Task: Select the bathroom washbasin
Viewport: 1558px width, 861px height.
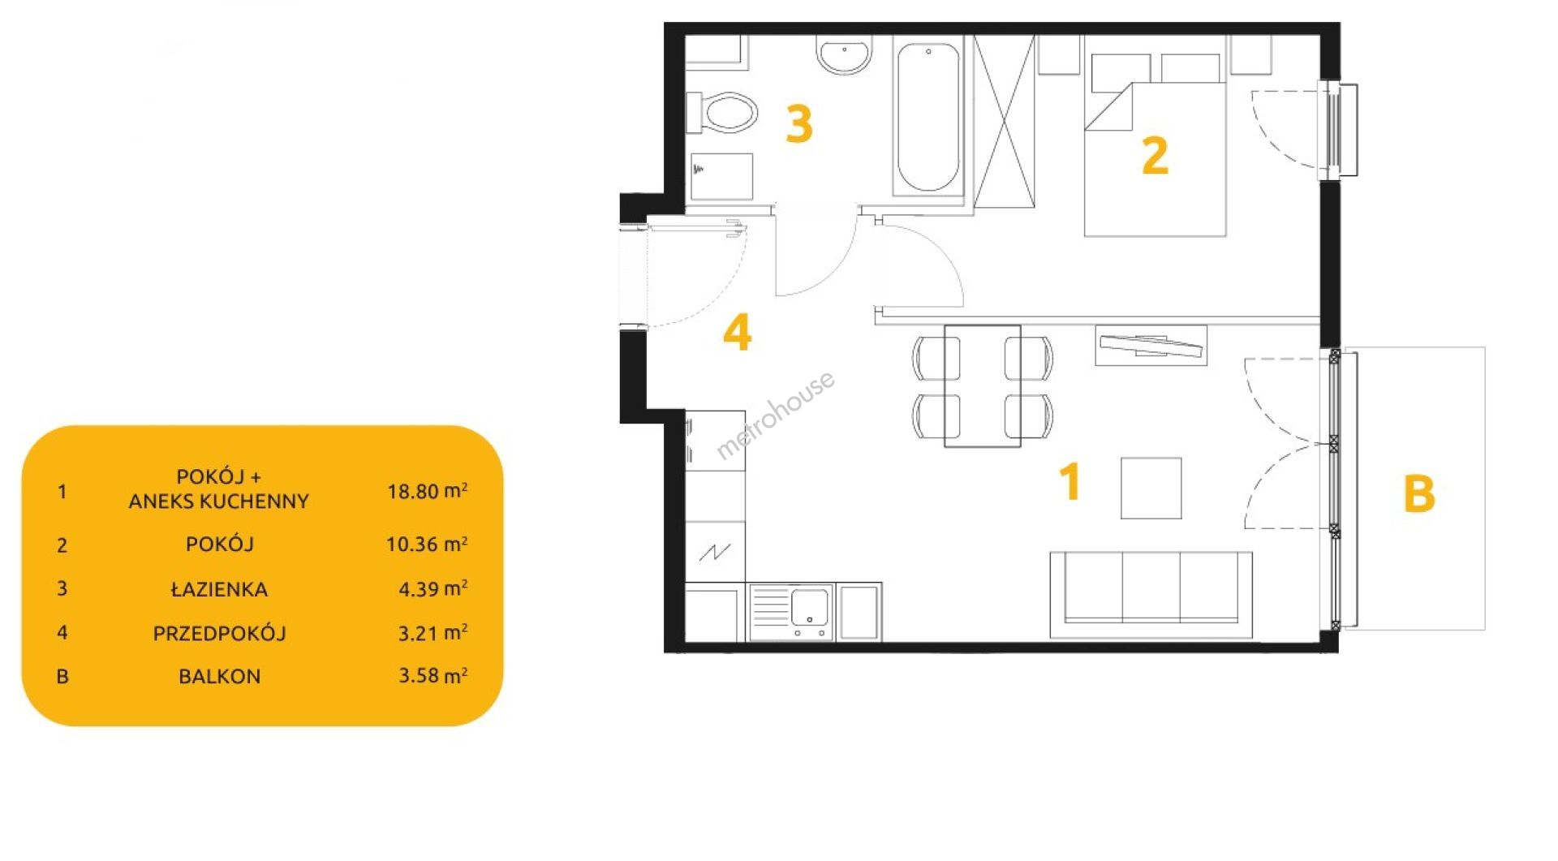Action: [x=844, y=54]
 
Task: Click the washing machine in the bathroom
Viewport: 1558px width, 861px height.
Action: [x=719, y=177]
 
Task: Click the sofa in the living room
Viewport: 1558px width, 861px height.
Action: [x=1151, y=595]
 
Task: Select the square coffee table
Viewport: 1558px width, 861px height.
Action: [x=1151, y=488]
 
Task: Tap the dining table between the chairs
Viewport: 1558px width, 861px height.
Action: [x=982, y=385]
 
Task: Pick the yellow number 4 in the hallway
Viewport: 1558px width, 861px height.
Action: [x=737, y=333]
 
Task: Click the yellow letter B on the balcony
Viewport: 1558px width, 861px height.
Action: [x=1418, y=493]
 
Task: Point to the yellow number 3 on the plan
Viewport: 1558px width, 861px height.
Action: [x=799, y=125]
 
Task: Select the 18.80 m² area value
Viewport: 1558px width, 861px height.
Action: [x=427, y=490]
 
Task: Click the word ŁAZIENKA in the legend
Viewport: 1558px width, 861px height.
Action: [x=219, y=589]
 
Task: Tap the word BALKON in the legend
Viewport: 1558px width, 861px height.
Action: [x=220, y=676]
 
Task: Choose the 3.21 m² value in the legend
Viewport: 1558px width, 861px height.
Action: [x=433, y=632]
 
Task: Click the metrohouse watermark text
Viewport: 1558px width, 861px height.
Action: [x=775, y=416]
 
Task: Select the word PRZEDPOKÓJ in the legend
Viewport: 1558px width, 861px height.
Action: [x=219, y=633]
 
